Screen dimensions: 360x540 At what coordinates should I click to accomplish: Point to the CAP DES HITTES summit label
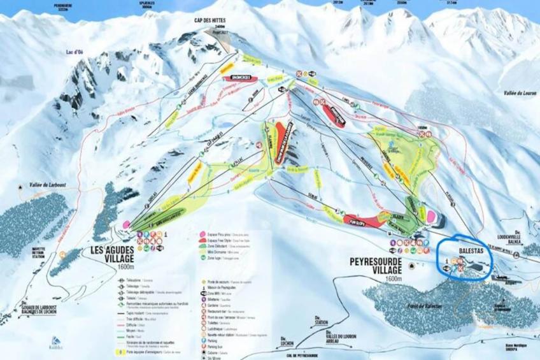tap(214, 20)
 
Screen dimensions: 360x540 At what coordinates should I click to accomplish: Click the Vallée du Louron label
tap(518, 93)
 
